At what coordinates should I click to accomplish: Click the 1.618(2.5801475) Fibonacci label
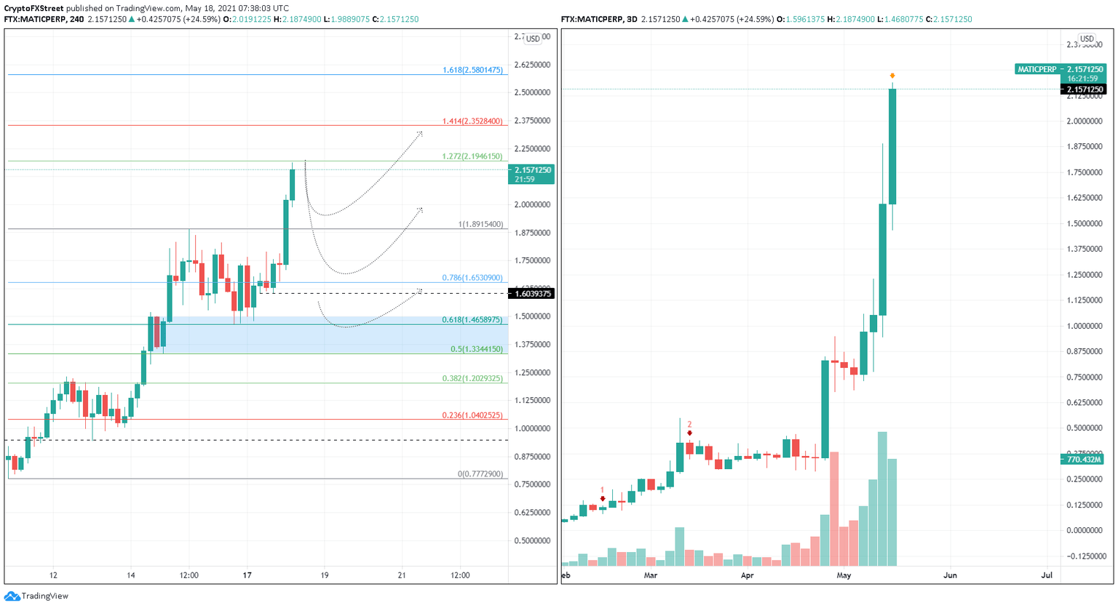(472, 71)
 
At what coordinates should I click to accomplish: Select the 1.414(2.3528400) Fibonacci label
(472, 121)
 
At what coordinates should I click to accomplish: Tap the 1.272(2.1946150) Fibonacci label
(472, 156)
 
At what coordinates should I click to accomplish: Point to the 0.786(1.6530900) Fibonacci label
(472, 278)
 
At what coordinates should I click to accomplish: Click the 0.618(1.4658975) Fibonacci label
(472, 320)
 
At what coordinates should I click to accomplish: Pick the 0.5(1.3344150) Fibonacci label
(477, 349)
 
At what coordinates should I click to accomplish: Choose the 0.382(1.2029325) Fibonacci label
(472, 379)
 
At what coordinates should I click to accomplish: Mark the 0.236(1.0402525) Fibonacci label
(472, 415)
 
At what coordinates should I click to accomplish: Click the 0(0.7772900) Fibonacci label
(480, 474)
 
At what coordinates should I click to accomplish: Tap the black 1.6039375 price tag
(532, 294)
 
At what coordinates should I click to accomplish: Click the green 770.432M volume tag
(1084, 460)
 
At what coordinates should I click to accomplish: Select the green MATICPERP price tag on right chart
(1060, 70)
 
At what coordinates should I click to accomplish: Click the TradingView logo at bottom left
(36, 596)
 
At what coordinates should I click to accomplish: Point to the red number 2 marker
(689, 425)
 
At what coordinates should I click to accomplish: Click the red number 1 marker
(603, 491)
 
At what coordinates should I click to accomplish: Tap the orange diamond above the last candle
(892, 76)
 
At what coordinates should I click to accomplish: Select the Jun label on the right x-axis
(950, 575)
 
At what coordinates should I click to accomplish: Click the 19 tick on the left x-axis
(325, 575)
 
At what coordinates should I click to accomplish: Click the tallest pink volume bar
(834, 508)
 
